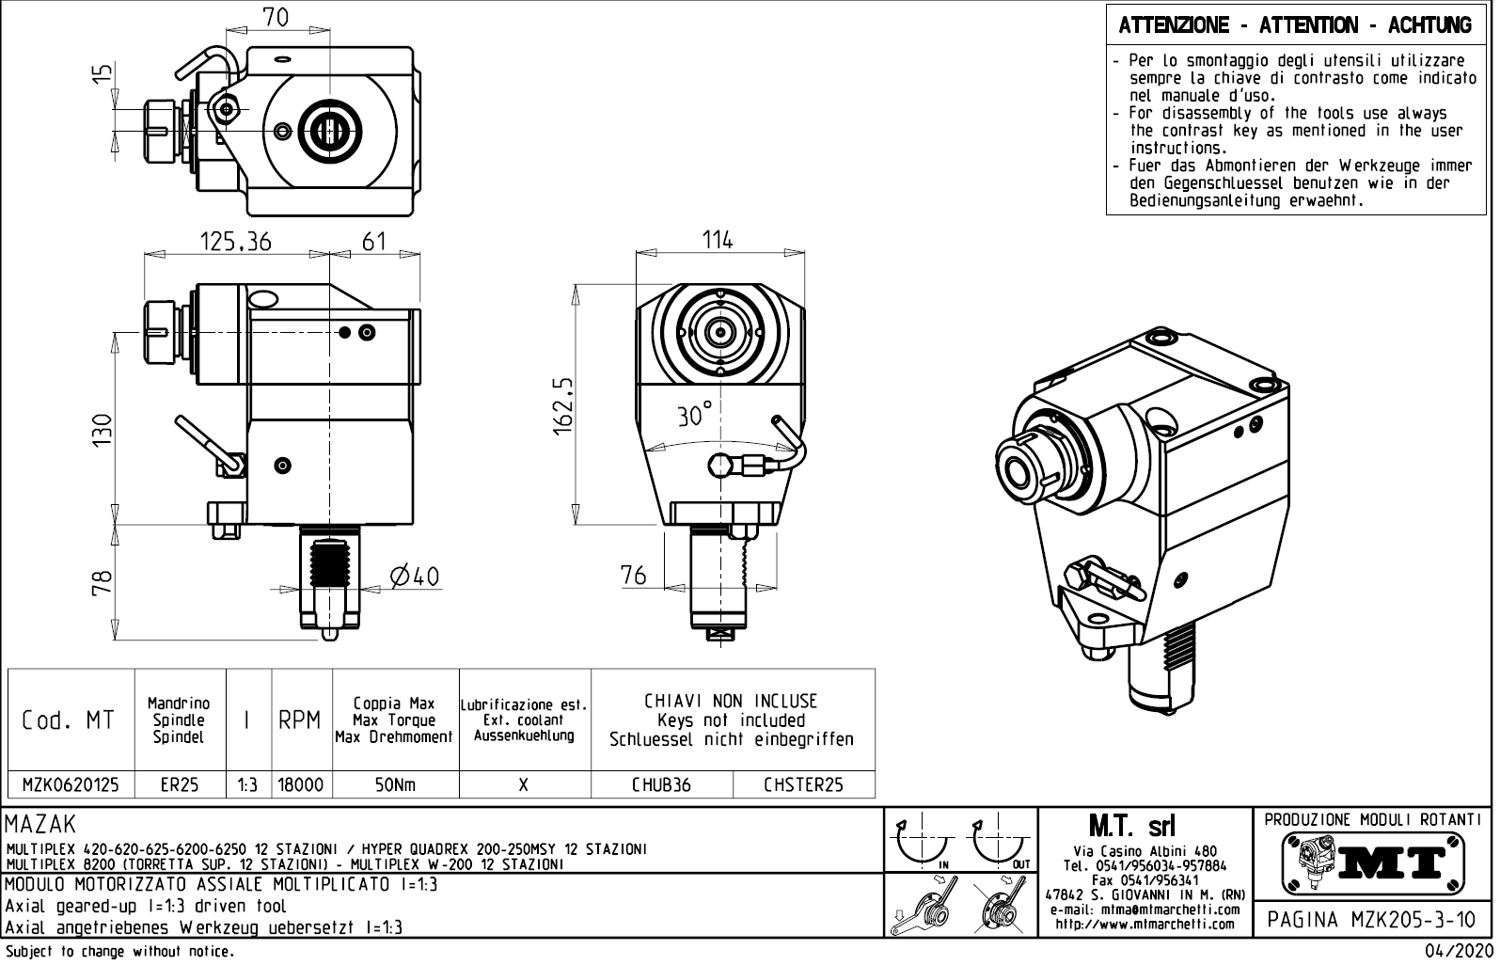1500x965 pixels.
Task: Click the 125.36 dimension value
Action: coord(235,242)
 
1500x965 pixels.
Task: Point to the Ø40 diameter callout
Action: coord(415,576)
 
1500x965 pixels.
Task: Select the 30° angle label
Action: coord(695,415)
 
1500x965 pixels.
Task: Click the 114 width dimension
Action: coord(718,240)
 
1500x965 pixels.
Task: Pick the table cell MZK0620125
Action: coord(71,784)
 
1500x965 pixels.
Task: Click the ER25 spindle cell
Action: coord(179,784)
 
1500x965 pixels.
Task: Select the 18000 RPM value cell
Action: coord(301,784)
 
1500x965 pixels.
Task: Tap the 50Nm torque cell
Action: coord(395,784)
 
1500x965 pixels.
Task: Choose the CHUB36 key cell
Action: coord(661,784)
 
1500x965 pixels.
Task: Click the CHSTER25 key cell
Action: coord(803,784)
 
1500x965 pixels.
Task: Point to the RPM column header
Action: coord(301,720)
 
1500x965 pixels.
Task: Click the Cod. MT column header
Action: coord(69,720)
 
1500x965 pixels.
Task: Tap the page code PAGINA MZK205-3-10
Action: coord(1372,919)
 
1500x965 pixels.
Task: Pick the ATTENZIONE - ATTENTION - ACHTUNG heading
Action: coord(1295,25)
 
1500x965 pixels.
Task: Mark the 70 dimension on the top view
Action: coord(276,17)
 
